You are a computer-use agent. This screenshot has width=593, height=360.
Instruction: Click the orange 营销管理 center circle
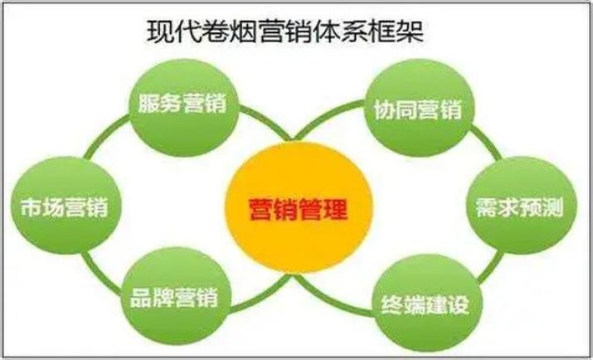pos(299,207)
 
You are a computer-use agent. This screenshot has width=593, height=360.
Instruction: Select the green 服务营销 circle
pos(184,107)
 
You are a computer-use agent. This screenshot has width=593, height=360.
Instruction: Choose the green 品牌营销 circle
pos(176,295)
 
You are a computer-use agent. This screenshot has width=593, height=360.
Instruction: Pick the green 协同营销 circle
pos(420,108)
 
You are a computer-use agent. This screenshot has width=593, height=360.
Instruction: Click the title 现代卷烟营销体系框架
pos(285,31)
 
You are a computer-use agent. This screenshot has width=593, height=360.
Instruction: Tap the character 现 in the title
pos(160,31)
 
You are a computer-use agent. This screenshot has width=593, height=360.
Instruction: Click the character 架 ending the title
pos(411,31)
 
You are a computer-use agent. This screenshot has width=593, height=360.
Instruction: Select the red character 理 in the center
pos(335,209)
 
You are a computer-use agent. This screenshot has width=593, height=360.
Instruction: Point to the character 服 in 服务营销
pos(148,103)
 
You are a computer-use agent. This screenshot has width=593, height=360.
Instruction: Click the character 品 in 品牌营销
pos(141,298)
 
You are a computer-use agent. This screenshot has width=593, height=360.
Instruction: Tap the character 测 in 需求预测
pos(552,207)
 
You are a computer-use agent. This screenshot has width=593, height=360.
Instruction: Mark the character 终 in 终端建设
pos(391,304)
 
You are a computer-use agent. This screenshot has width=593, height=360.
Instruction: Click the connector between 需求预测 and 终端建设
pos(490,267)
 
